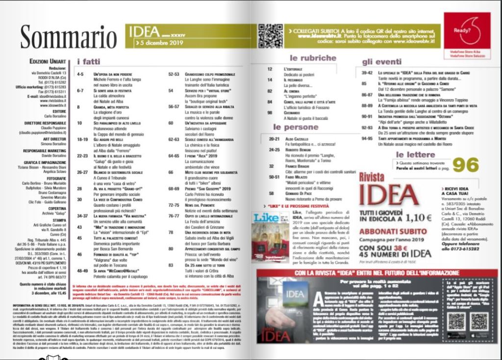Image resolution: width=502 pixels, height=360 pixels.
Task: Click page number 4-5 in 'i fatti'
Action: tap(80, 73)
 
